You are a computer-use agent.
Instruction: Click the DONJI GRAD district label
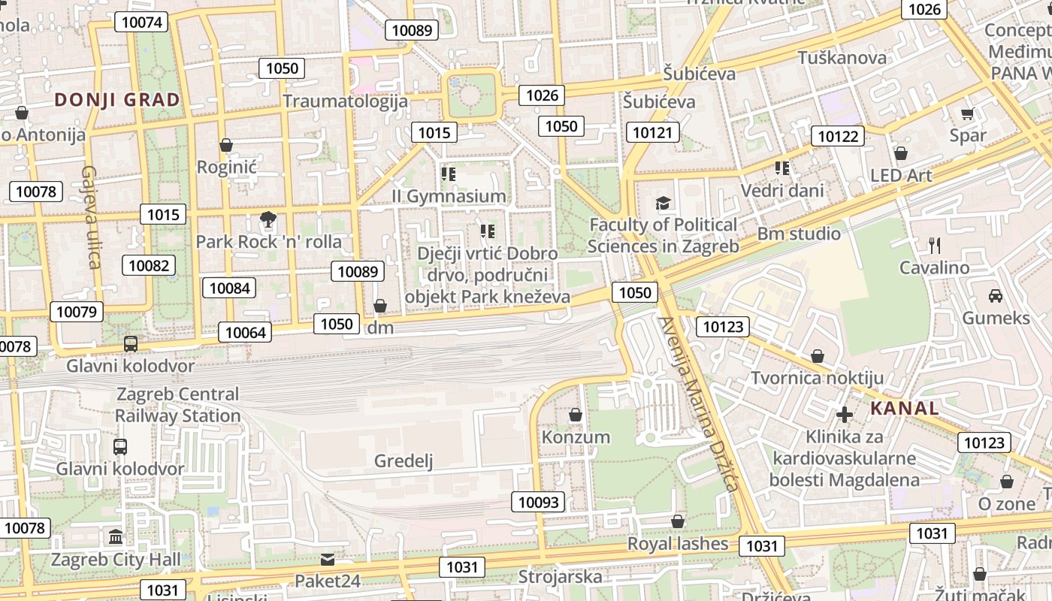pyautogui.click(x=117, y=100)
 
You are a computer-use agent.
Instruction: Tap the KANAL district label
pyautogui.click(x=905, y=409)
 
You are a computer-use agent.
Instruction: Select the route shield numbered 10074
pyautogui.click(x=141, y=22)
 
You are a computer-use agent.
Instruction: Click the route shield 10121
pyautogui.click(x=652, y=133)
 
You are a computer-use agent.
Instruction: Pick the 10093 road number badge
pyautogui.click(x=538, y=502)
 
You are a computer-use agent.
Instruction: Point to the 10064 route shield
pyautogui.click(x=245, y=332)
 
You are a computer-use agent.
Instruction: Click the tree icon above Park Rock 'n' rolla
pyautogui.click(x=268, y=220)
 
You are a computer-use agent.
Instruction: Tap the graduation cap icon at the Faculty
pyautogui.click(x=663, y=203)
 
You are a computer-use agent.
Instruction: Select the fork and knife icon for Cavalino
pyautogui.click(x=935, y=245)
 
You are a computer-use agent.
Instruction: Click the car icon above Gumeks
pyautogui.click(x=996, y=296)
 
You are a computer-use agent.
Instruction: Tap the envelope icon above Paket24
pyautogui.click(x=328, y=560)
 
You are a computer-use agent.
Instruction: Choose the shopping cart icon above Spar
pyautogui.click(x=967, y=114)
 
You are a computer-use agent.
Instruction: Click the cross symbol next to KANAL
pyautogui.click(x=845, y=414)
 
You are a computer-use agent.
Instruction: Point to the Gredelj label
pyautogui.click(x=404, y=461)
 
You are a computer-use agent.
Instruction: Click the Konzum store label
pyautogui.click(x=576, y=437)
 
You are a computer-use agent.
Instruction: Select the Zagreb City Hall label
pyautogui.click(x=116, y=560)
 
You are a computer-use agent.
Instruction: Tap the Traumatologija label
pyautogui.click(x=346, y=101)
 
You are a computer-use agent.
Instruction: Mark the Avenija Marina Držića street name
pyautogui.click(x=698, y=404)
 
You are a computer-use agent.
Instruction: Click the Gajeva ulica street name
pyautogui.click(x=90, y=217)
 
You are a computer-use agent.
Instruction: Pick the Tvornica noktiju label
pyautogui.click(x=818, y=378)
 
